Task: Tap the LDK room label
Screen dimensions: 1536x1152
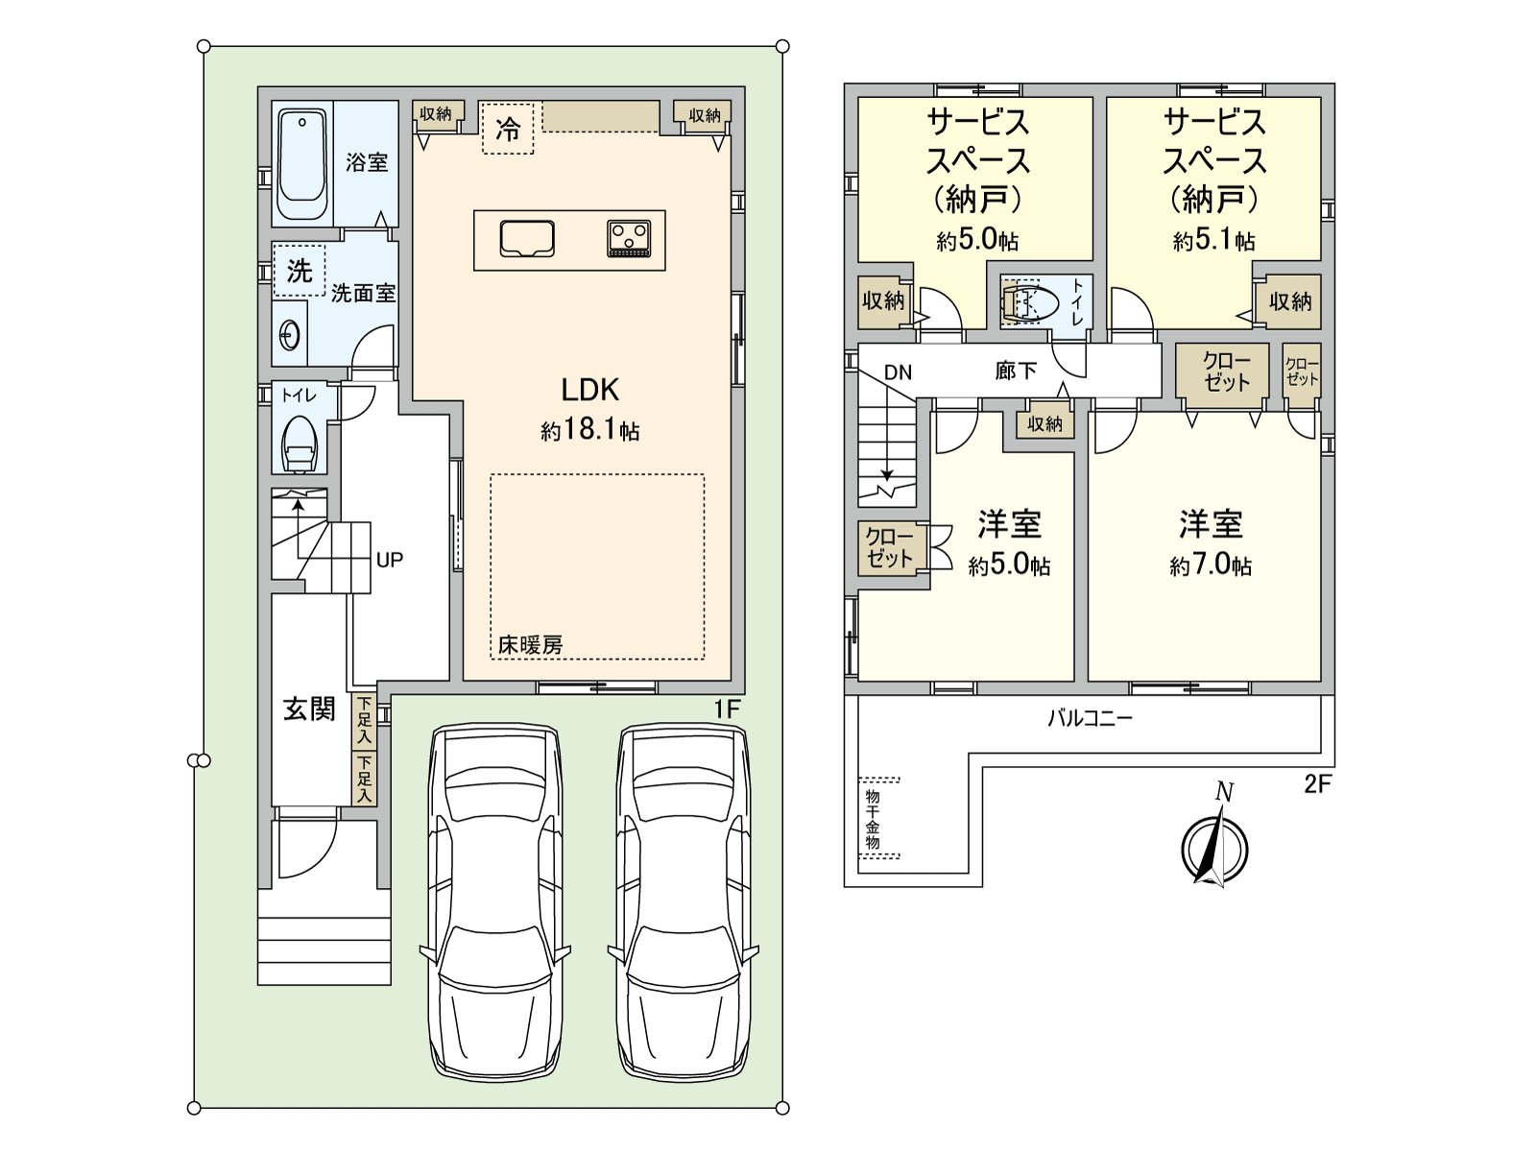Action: point(589,391)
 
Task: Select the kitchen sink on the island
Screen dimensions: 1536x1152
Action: point(527,238)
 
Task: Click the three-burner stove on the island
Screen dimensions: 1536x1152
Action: point(629,238)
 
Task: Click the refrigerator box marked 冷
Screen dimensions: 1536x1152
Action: point(507,129)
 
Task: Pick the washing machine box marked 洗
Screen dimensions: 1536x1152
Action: point(299,270)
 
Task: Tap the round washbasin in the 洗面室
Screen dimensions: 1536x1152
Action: point(290,336)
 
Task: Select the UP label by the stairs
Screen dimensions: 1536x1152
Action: point(389,561)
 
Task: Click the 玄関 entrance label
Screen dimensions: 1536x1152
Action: point(309,708)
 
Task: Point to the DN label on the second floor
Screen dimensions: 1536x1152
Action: point(898,372)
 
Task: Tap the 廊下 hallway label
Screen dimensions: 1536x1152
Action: point(1016,371)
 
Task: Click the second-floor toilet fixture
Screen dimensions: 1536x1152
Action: point(1029,302)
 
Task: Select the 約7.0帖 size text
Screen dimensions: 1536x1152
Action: point(1211,565)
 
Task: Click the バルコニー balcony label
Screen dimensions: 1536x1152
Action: point(1090,718)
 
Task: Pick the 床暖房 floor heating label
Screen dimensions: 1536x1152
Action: point(531,644)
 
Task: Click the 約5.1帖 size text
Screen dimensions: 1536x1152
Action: point(1214,241)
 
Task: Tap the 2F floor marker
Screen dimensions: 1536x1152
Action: point(1316,784)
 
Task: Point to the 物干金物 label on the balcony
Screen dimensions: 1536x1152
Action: point(872,819)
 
